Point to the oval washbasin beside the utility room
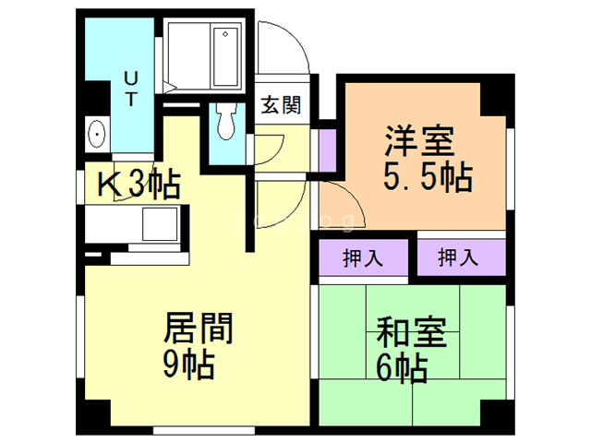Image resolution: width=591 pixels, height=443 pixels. tap(96, 135)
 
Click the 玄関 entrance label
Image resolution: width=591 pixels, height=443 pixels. tap(280, 105)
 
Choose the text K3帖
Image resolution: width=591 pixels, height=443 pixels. tap(139, 185)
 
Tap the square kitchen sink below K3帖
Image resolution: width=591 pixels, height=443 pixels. tap(158, 224)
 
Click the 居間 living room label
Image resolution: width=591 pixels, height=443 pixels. tap(198, 328)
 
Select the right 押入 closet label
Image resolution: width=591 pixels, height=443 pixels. tap(458, 258)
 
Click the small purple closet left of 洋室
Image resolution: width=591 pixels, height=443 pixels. tap(327, 152)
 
